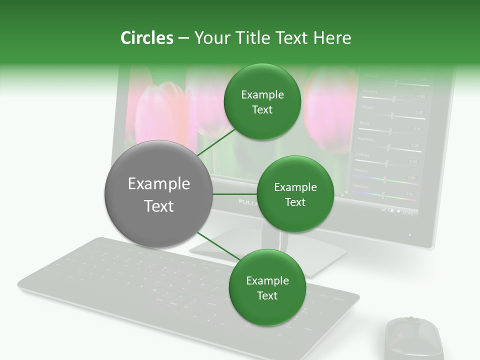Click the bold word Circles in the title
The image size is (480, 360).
[x=146, y=38]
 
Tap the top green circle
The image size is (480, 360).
[x=262, y=102]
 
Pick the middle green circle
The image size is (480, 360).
[x=295, y=194]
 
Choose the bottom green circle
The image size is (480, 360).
[x=267, y=287]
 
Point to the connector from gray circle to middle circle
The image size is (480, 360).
[x=235, y=194]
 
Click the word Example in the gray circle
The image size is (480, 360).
[x=158, y=184]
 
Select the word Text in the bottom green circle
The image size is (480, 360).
[x=267, y=295]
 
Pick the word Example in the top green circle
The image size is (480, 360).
[x=262, y=94]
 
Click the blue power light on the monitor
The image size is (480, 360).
[x=410, y=234]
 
